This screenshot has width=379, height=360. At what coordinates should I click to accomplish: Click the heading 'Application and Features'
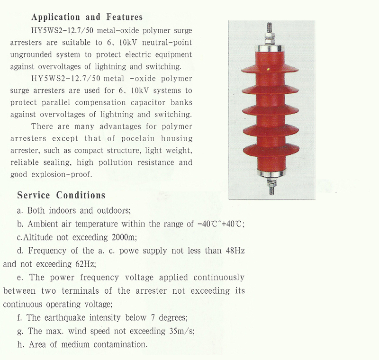(87, 18)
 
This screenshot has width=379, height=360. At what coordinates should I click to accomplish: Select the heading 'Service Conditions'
(61, 195)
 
